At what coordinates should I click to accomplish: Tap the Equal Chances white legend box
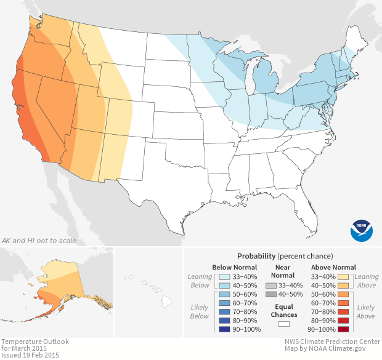point(283,323)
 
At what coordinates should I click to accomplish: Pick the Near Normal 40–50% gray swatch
point(270,295)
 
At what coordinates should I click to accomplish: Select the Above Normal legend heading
point(333,267)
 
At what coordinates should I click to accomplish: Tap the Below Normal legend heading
point(234,267)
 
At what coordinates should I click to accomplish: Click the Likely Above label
point(366,311)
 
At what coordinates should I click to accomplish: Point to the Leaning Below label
point(200,281)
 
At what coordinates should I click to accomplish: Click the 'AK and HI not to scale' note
point(39,240)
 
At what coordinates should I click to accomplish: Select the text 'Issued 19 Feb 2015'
point(31,354)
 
